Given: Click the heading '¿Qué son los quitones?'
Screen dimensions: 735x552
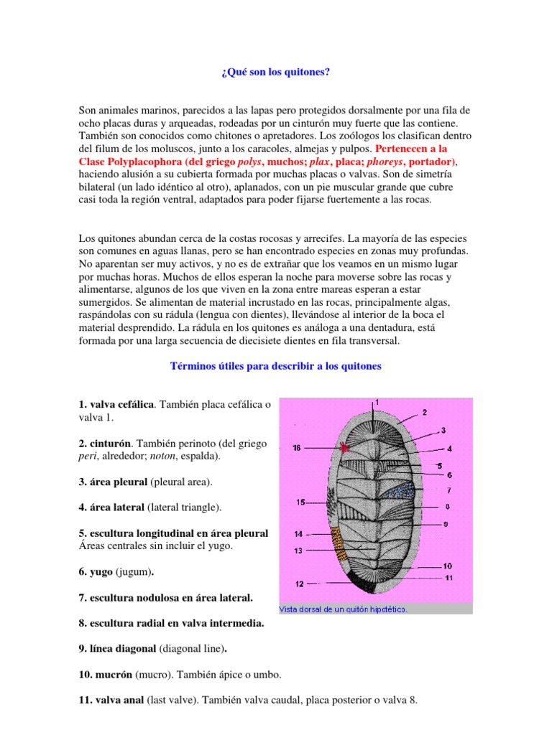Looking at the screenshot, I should coord(275,73).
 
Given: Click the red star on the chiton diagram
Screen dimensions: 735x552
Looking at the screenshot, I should coord(346,447).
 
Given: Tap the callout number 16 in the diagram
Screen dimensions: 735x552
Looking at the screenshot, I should coord(297,448).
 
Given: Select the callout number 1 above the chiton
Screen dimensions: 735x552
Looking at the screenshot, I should coord(377,403).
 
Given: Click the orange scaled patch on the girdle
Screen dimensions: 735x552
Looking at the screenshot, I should coord(339,544).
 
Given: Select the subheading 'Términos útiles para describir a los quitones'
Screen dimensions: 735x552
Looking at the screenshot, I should coord(275,366).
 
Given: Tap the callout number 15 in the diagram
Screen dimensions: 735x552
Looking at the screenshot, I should coord(303,502).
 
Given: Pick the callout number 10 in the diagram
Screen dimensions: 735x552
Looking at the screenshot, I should coord(447,566).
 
